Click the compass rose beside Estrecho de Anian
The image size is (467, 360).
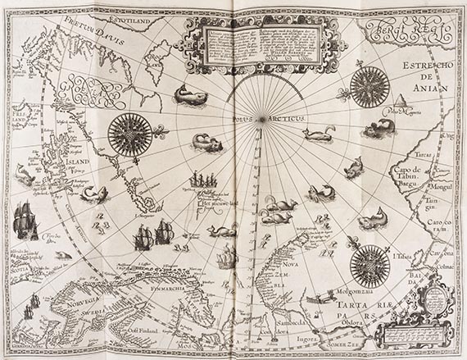(x=370, y=86)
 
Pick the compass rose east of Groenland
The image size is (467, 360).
(x=129, y=133)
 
